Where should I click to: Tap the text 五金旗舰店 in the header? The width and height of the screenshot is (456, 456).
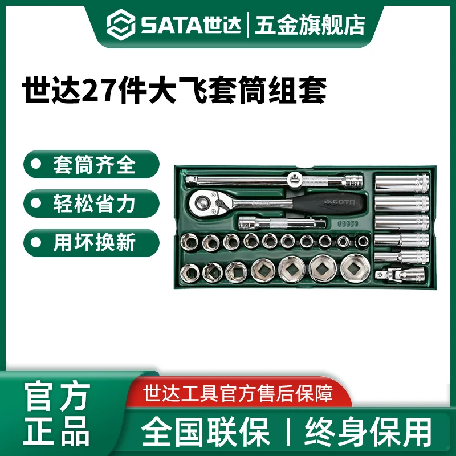(x=310, y=25)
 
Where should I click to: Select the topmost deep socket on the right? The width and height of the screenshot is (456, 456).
(x=401, y=185)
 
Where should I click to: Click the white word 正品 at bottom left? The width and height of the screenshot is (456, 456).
(x=56, y=430)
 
